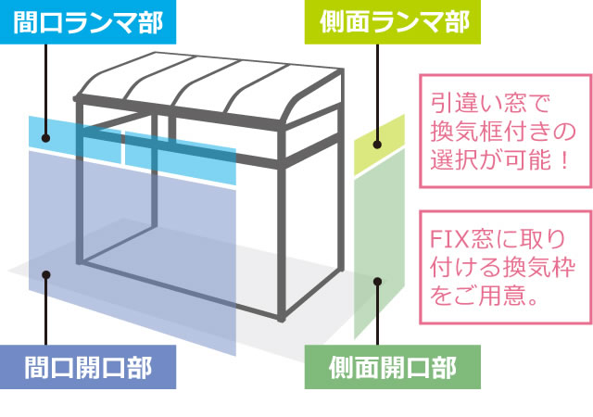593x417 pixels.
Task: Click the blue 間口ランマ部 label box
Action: tap(88, 22)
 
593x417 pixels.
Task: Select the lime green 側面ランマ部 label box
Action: tap(393, 22)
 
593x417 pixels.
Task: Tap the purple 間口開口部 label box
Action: tap(88, 367)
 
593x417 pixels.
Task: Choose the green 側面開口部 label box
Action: tap(393, 367)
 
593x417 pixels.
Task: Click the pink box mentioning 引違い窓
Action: tap(506, 131)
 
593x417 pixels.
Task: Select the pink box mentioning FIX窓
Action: tap(506, 267)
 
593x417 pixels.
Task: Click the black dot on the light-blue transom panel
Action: tap(45, 138)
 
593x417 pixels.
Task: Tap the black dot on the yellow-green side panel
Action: tap(377, 145)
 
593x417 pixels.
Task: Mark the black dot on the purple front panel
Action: tap(46, 274)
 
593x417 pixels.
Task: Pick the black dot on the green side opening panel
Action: tap(377, 282)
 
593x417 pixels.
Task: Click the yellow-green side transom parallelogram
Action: tap(379, 145)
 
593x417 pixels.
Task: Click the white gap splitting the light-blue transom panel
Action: tap(123, 147)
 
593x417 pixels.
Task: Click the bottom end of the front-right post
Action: tap(281, 319)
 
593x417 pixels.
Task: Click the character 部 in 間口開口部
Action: tap(140, 367)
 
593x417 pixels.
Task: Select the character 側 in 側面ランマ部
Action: tap(332, 21)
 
